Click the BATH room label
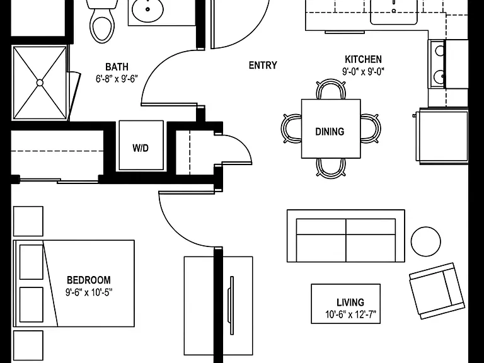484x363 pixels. pyautogui.click(x=117, y=67)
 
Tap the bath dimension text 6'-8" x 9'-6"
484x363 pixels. pyautogui.click(x=117, y=79)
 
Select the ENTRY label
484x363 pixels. pyautogui.click(x=263, y=65)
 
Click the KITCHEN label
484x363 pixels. pyautogui.click(x=363, y=59)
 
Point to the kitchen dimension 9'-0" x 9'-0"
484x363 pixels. pyautogui.click(x=363, y=72)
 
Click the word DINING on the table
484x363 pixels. pyautogui.click(x=330, y=132)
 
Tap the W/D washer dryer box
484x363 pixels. pyautogui.click(x=141, y=145)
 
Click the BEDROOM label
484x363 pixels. pyautogui.click(x=89, y=280)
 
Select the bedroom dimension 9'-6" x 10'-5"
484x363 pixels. pyautogui.click(x=89, y=292)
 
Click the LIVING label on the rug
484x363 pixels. pyautogui.click(x=350, y=302)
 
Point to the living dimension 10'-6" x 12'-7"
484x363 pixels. pyautogui.click(x=350, y=314)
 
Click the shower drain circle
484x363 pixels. pyautogui.click(x=40, y=83)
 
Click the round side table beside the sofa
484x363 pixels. pyautogui.click(x=425, y=241)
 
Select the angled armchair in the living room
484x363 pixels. pyautogui.click(x=437, y=291)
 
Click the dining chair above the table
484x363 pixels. pyautogui.click(x=331, y=89)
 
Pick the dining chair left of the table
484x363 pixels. pyautogui.click(x=291, y=128)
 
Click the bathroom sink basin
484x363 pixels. pyautogui.click(x=147, y=10)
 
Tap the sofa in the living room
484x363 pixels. pyautogui.click(x=346, y=236)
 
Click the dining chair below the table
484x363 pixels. pyautogui.click(x=331, y=168)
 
